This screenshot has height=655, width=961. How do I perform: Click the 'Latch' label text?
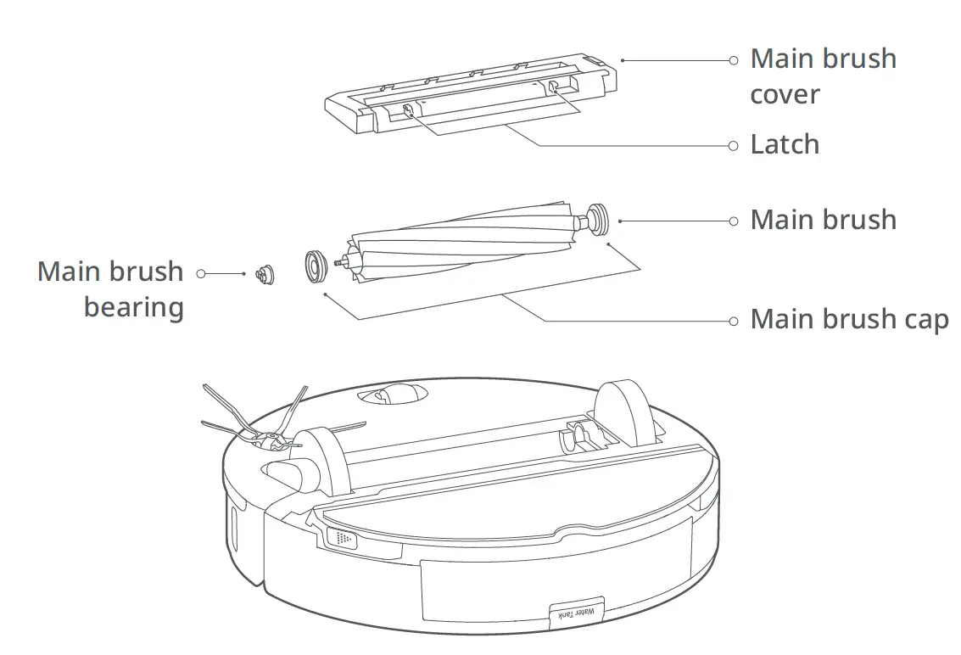click(785, 144)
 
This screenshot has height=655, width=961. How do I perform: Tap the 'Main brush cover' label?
click(823, 76)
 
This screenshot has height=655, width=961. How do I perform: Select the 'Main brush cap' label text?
click(849, 320)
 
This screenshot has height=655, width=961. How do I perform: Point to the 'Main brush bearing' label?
click(110, 288)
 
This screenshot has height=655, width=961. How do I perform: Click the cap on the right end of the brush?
click(596, 218)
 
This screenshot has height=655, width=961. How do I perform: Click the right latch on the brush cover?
click(553, 88)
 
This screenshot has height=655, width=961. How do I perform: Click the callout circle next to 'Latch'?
click(734, 145)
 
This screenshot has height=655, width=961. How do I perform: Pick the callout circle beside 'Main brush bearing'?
click(201, 273)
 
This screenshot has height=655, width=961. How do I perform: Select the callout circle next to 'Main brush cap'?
click(734, 321)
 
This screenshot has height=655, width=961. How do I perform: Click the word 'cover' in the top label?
click(785, 94)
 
